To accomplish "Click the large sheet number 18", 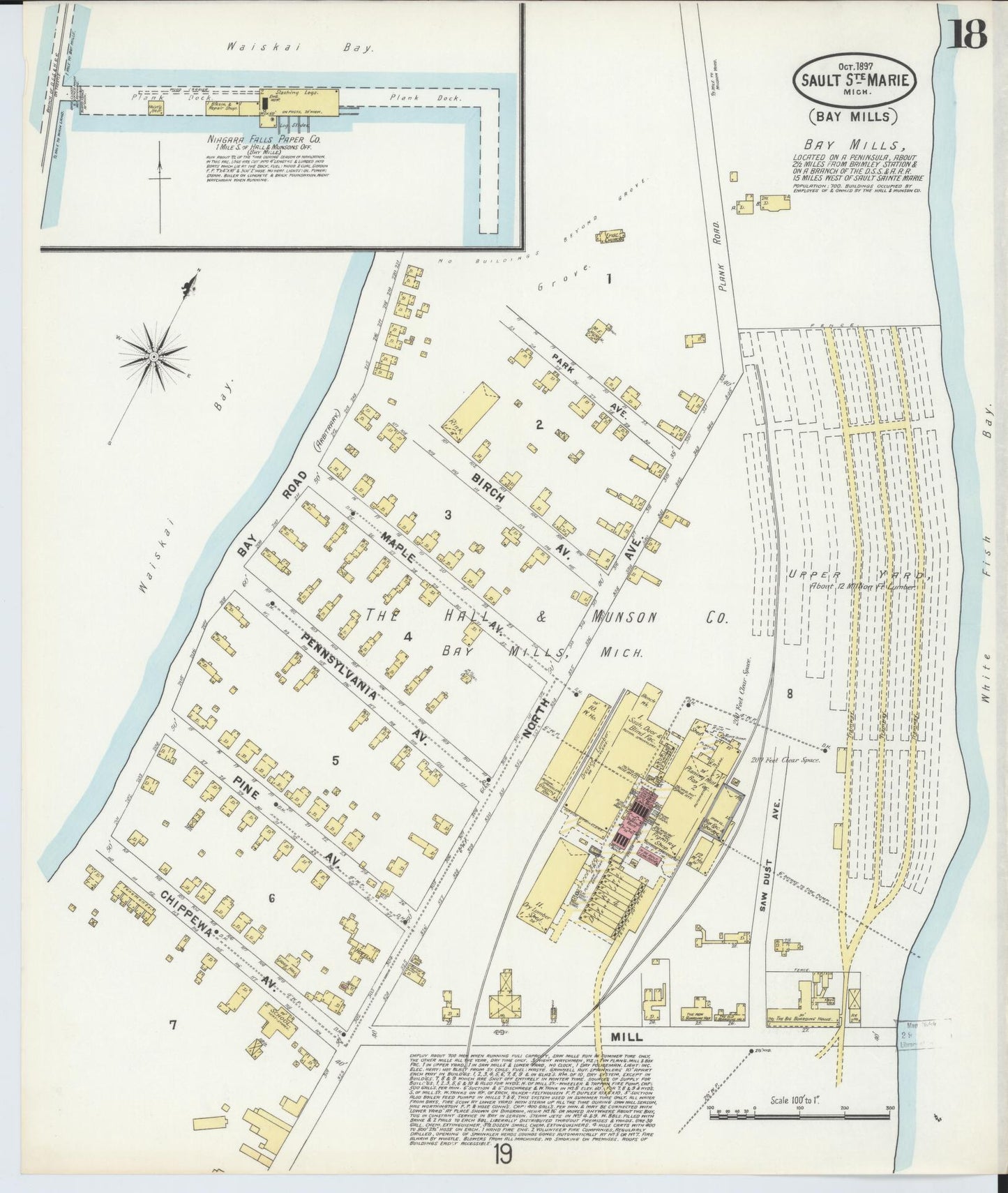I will click(967, 32).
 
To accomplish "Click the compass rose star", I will click(153, 357).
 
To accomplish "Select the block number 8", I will click(790, 693).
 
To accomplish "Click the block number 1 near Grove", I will click(608, 280).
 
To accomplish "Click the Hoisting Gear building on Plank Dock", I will click(155, 110).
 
